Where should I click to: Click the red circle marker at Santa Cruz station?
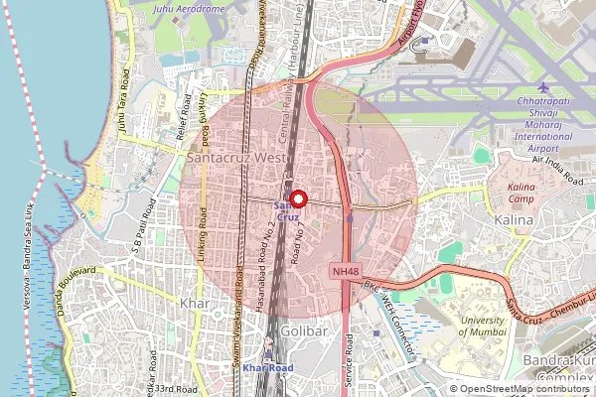(x=295, y=198)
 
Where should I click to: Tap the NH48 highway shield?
(x=344, y=270)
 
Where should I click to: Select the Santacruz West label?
(x=236, y=157)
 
